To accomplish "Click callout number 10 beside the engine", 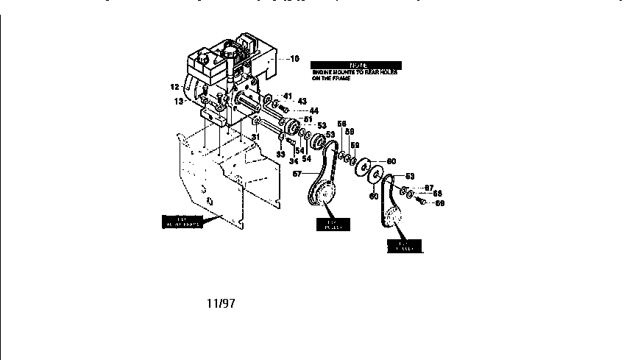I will (294, 58).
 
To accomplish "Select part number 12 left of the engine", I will (175, 87).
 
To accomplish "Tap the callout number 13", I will (179, 102).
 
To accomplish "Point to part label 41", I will (288, 96).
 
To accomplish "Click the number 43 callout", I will (302, 101).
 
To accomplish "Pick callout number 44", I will (313, 110).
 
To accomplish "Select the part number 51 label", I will (308, 119).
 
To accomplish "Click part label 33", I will (280, 154).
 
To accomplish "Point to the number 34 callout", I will (294, 160).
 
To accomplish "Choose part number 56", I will (341, 123).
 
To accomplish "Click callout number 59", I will (355, 145).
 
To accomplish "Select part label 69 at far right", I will (440, 202).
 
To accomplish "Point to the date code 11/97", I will (219, 302).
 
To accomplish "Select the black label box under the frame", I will (181, 222).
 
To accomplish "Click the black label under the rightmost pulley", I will (405, 245).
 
